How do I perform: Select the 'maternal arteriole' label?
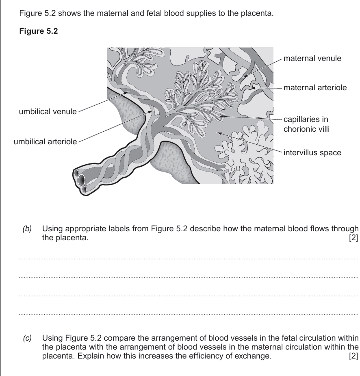(x=315, y=87)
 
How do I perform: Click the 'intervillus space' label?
(x=312, y=153)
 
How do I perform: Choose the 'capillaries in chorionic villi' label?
(x=306, y=124)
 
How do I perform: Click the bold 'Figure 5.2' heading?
(x=39, y=33)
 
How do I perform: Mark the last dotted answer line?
(x=189, y=314)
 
